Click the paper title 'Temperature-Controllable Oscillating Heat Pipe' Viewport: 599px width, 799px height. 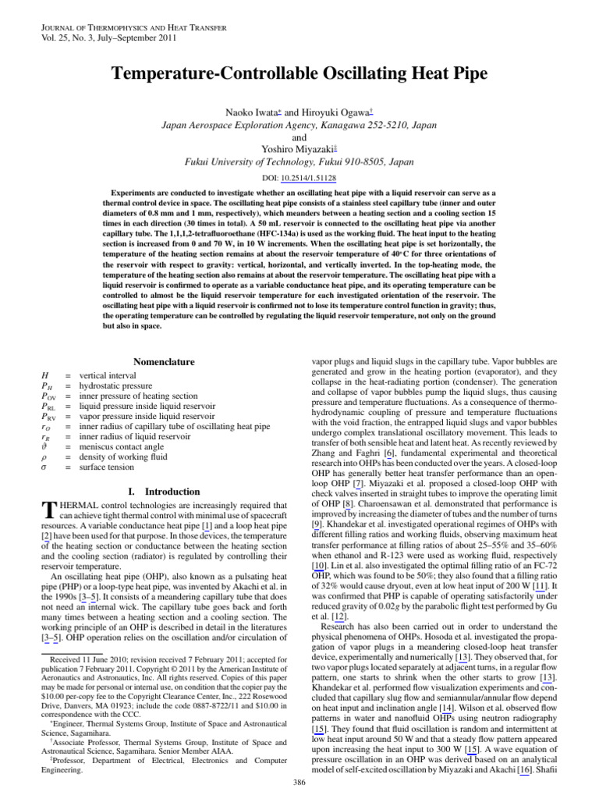click(299, 74)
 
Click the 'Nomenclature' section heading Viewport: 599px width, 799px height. click(164, 362)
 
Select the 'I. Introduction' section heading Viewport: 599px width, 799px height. click(163, 492)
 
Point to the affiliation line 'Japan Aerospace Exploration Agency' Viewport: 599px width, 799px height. click(299, 125)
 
